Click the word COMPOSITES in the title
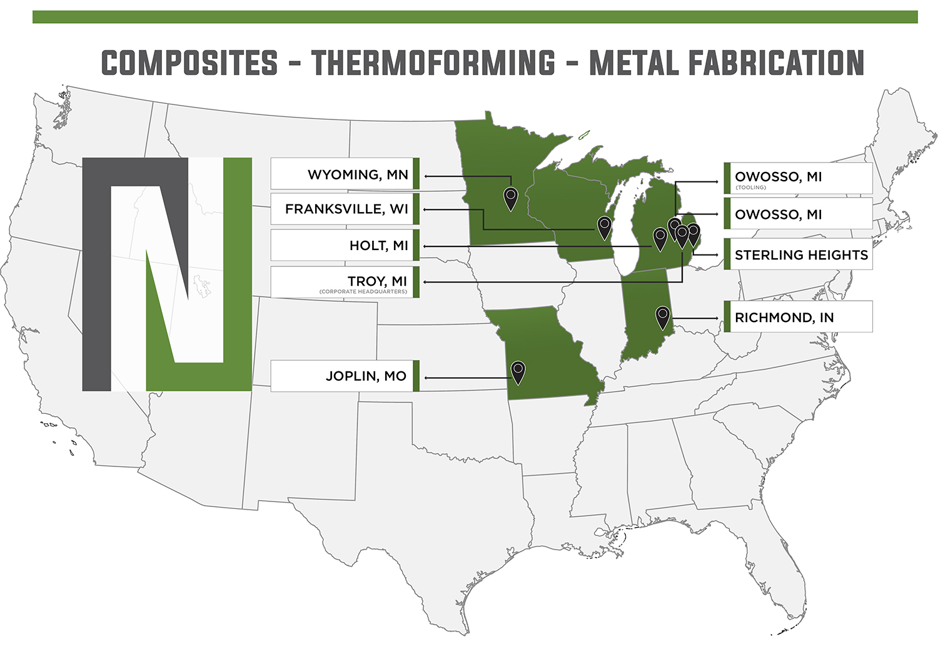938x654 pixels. [x=189, y=64]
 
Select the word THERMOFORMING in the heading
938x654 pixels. [x=433, y=64]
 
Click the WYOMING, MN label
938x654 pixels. [x=358, y=175]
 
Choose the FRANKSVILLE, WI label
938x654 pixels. [x=346, y=209]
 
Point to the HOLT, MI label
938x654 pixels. [x=378, y=246]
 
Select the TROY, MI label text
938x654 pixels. [x=377, y=281]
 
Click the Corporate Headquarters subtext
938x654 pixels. [x=363, y=292]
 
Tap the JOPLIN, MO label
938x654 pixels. [x=366, y=376]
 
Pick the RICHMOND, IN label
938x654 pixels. [x=784, y=318]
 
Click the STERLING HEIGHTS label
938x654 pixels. [x=801, y=255]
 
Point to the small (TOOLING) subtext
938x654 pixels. [x=750, y=188]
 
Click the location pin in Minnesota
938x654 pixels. [x=511, y=199]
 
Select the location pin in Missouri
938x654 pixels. [x=518, y=372]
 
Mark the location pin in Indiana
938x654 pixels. [x=663, y=318]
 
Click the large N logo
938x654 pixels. [x=167, y=274]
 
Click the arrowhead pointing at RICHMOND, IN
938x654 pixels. [x=717, y=318]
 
